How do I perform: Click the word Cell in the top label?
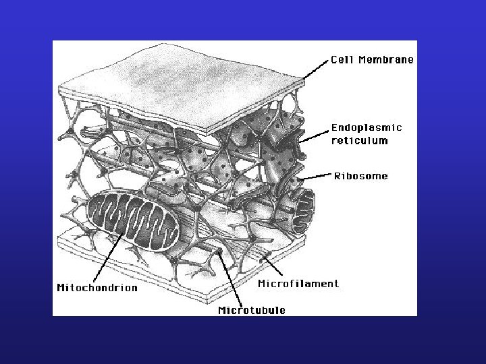(x=342, y=59)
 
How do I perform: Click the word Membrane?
(x=386, y=59)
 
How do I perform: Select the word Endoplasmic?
(x=367, y=128)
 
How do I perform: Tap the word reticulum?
(x=360, y=140)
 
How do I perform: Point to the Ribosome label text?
(x=360, y=176)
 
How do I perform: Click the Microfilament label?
(x=298, y=284)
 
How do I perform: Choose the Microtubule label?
(x=252, y=310)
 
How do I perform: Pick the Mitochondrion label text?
(x=97, y=288)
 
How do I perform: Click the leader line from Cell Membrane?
(x=315, y=69)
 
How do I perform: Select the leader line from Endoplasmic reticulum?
(x=314, y=136)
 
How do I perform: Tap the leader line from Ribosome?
(x=316, y=177)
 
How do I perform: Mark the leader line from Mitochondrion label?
(x=107, y=257)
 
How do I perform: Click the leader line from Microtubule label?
(x=230, y=279)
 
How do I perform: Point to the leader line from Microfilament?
(x=273, y=266)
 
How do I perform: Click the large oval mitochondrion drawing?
(x=133, y=220)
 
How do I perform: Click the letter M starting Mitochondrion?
(x=61, y=288)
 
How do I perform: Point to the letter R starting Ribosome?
(x=337, y=176)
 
